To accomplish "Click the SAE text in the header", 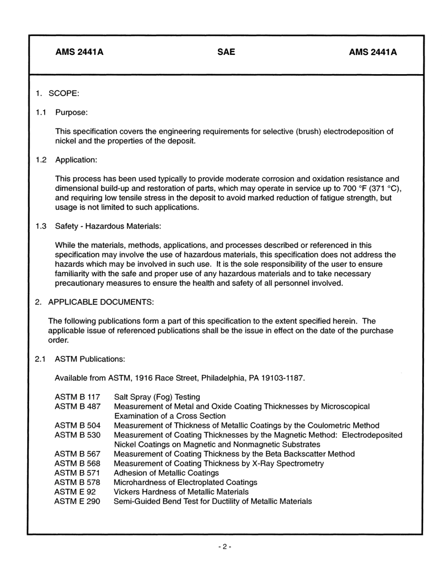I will click(226, 52).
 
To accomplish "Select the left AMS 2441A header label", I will click(79, 52).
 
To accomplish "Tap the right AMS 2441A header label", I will click(372, 52).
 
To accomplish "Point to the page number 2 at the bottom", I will click(224, 547).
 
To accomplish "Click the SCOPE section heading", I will click(63, 93).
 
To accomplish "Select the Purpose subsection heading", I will click(71, 113).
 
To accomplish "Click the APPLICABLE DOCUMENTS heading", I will click(100, 302).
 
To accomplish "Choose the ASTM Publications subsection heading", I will click(90, 359).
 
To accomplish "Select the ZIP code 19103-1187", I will click(284, 378).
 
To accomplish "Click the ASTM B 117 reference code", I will click(77, 397).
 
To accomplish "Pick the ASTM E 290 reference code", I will click(77, 501).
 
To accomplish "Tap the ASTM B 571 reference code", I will click(77, 473).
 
